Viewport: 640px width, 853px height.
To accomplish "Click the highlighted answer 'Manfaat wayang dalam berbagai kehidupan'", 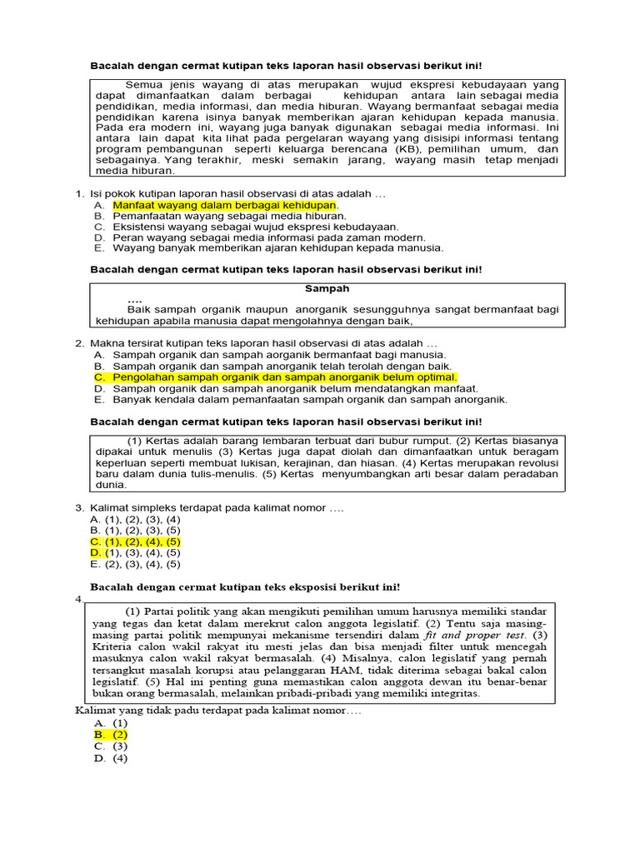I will pyautogui.click(x=225, y=204).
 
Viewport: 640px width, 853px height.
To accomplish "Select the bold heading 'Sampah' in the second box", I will pyautogui.click(x=327, y=288).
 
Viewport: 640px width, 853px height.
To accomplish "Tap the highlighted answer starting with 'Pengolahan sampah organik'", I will pyautogui.click(x=285, y=377).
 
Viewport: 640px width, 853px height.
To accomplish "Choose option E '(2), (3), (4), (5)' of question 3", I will pyautogui.click(x=135, y=563).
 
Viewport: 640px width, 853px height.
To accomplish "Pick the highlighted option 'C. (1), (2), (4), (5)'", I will pyautogui.click(x=135, y=541).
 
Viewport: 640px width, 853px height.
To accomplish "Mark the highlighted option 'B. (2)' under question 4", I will pyautogui.click(x=111, y=735).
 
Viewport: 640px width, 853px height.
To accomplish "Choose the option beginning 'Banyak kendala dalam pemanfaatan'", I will pyautogui.click(x=309, y=399).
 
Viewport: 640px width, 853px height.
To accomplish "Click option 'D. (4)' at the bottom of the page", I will pyautogui.click(x=111, y=758).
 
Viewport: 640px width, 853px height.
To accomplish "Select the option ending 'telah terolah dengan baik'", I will pyautogui.click(x=282, y=367).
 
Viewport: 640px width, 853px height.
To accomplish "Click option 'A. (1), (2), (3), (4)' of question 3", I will pyautogui.click(x=135, y=519).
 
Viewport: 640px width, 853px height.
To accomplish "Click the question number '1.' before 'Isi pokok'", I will pyautogui.click(x=80, y=193).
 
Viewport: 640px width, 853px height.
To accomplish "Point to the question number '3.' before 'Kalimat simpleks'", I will pyautogui.click(x=80, y=507).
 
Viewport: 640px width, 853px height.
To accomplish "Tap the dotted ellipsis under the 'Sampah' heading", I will pyautogui.click(x=135, y=300).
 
